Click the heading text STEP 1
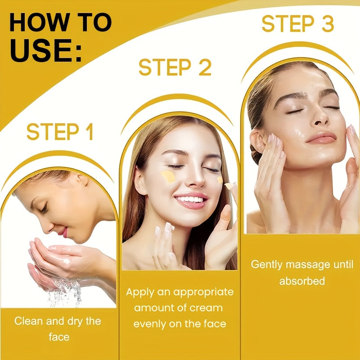pos(60,132)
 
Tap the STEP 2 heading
pos(175,67)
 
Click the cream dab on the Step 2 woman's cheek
pos(168,176)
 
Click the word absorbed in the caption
pos(302,281)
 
